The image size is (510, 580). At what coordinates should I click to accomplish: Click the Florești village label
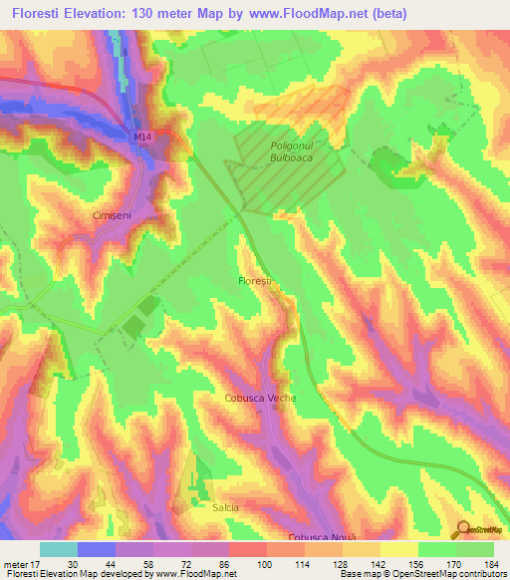point(255,282)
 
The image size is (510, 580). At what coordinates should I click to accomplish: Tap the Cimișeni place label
point(112,214)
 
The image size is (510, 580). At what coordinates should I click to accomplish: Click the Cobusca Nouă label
point(322,538)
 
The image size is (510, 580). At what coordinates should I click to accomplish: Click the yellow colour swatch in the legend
point(398,549)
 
